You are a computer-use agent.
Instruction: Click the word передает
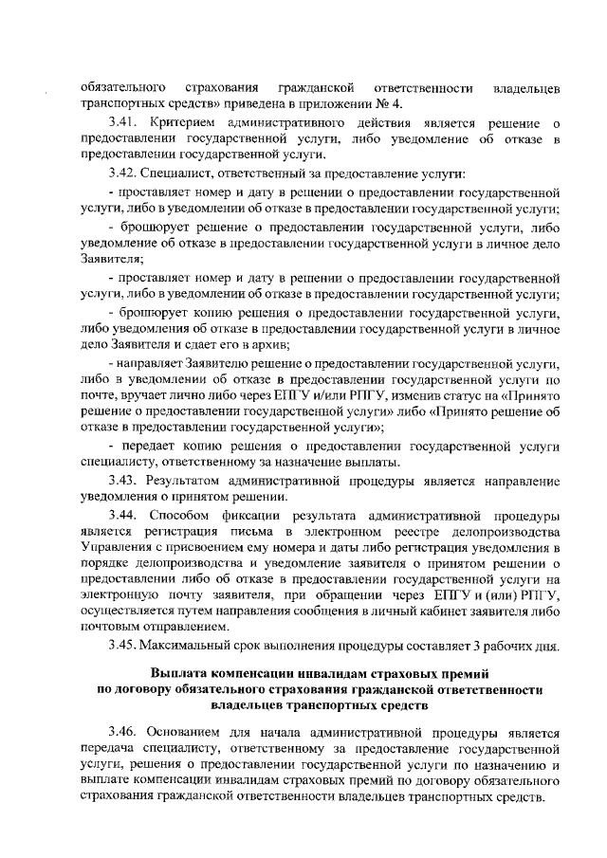point(151,446)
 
